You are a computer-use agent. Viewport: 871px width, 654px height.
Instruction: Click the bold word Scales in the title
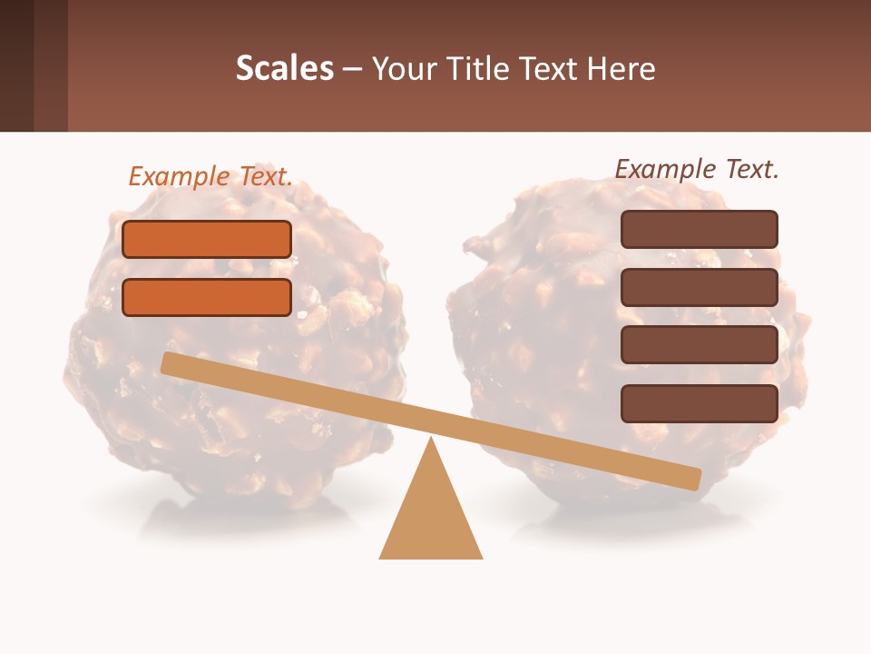click(x=284, y=68)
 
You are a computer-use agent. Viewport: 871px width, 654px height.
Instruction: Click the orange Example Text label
click(x=210, y=176)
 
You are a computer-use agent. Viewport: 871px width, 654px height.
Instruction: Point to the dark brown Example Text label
click(x=697, y=169)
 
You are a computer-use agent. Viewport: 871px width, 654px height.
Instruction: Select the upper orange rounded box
click(x=207, y=239)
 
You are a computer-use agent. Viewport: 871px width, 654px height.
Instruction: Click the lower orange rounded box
click(x=207, y=297)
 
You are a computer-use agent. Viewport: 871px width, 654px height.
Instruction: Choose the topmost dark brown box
click(x=699, y=229)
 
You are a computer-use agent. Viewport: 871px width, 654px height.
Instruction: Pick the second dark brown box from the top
click(x=699, y=287)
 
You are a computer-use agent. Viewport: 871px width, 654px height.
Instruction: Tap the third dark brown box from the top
click(x=699, y=344)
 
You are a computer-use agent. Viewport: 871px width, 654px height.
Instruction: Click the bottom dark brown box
click(x=699, y=403)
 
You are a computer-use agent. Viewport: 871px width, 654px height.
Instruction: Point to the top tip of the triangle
click(x=431, y=441)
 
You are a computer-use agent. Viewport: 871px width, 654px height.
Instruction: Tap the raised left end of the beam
click(x=170, y=362)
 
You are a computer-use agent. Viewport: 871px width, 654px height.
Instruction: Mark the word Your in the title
click(x=404, y=68)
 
